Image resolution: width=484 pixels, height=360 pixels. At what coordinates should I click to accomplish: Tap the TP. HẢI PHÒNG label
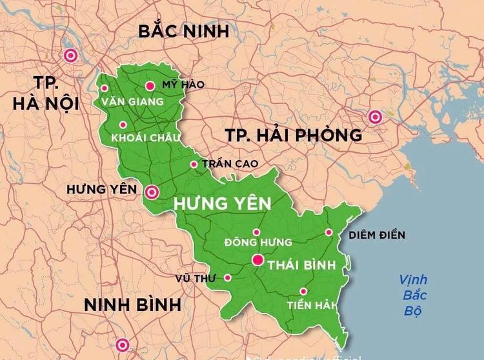pyautogui.click(x=294, y=135)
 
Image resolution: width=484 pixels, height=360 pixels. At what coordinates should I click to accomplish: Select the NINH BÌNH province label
pyautogui.click(x=133, y=305)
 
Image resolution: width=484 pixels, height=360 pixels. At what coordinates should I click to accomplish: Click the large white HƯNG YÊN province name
pyautogui.click(x=222, y=205)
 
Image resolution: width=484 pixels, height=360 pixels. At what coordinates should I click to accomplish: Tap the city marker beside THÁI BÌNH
pyautogui.click(x=257, y=261)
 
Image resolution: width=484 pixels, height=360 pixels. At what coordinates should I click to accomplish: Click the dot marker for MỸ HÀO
pyautogui.click(x=150, y=85)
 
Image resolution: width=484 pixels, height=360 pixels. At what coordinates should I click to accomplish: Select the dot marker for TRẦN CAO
pyautogui.click(x=194, y=164)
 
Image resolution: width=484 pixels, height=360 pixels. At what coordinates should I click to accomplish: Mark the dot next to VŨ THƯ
pyautogui.click(x=227, y=277)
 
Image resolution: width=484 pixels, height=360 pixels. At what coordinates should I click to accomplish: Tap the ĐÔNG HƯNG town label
pyautogui.click(x=258, y=242)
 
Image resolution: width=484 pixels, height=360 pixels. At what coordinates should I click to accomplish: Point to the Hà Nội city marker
pyautogui.click(x=70, y=55)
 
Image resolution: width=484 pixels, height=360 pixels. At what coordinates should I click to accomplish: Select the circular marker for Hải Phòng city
pyautogui.click(x=374, y=117)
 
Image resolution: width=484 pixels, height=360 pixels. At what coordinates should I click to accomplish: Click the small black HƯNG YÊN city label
pyautogui.click(x=102, y=190)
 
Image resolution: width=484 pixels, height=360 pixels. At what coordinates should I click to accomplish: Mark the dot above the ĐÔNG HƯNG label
pyautogui.click(x=256, y=232)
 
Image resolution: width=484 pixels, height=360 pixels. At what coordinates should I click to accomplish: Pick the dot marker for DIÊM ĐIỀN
pyautogui.click(x=328, y=232)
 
